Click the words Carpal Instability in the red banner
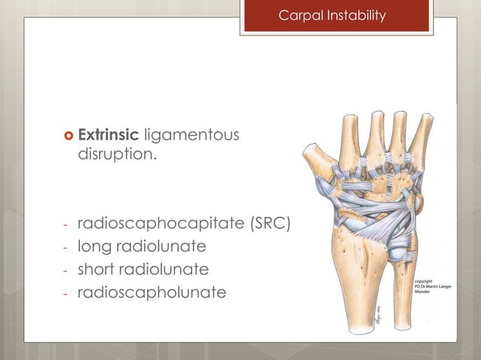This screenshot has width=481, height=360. point(332,16)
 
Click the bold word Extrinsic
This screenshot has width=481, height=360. point(109,135)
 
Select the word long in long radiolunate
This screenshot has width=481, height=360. point(93,246)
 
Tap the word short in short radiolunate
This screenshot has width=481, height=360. point(96,269)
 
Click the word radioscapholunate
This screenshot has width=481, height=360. point(152,291)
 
